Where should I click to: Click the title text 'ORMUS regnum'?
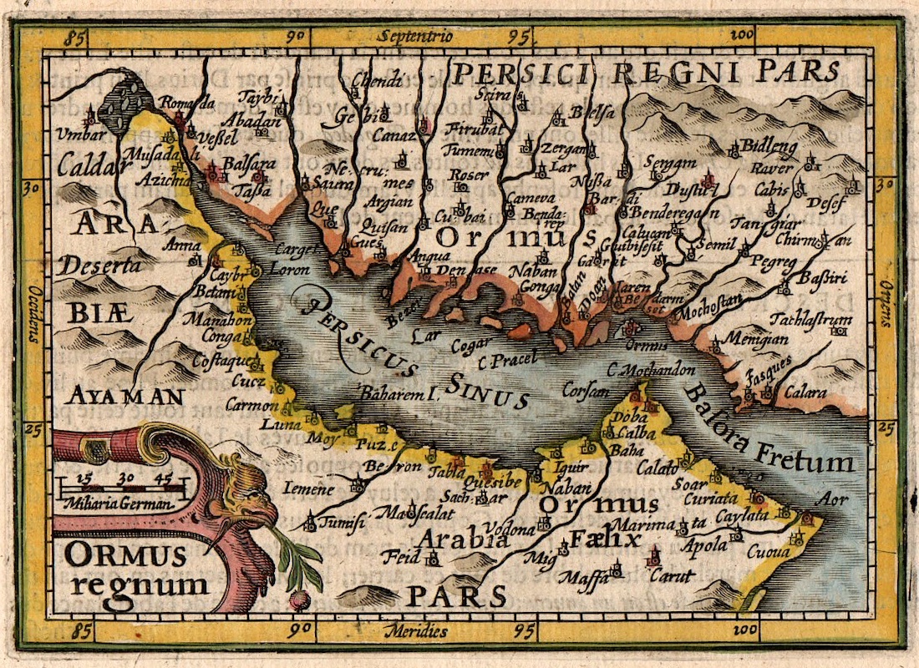pyautogui.click(x=134, y=568)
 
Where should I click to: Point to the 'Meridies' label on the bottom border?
pyautogui.click(x=413, y=630)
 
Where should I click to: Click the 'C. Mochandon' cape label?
pyautogui.click(x=652, y=369)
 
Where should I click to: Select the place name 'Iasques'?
pyautogui.click(x=768, y=366)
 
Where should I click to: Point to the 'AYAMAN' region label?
pyautogui.click(x=125, y=394)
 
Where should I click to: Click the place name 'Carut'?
pyautogui.click(x=672, y=575)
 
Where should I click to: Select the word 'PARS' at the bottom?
pyautogui.click(x=456, y=596)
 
